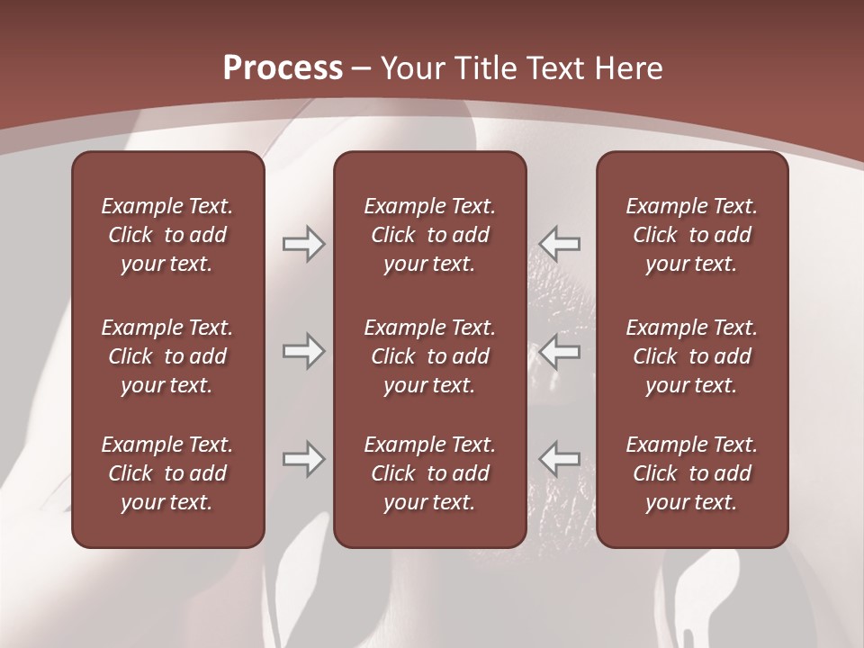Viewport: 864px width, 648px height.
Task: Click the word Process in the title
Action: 283,68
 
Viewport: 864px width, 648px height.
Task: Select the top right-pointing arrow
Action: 303,244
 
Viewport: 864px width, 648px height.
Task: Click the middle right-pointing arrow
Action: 303,351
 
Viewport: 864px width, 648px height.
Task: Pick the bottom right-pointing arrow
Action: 303,459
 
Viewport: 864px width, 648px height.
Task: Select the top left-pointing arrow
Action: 560,244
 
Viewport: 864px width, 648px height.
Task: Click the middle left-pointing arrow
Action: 560,351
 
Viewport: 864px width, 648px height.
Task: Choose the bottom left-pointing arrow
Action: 560,459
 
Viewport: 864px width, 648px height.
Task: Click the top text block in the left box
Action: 167,235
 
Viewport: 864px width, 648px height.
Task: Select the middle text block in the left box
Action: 167,356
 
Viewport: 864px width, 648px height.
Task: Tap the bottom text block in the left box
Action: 167,473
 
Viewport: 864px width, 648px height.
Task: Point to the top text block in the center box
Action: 429,235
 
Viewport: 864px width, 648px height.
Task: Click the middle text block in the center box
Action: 429,356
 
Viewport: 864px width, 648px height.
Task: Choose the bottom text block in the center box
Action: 429,473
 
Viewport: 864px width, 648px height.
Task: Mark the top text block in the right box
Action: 691,235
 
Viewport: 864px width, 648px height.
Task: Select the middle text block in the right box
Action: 691,356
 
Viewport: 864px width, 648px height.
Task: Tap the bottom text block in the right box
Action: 691,473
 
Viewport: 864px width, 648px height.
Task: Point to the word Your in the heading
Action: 407,68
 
